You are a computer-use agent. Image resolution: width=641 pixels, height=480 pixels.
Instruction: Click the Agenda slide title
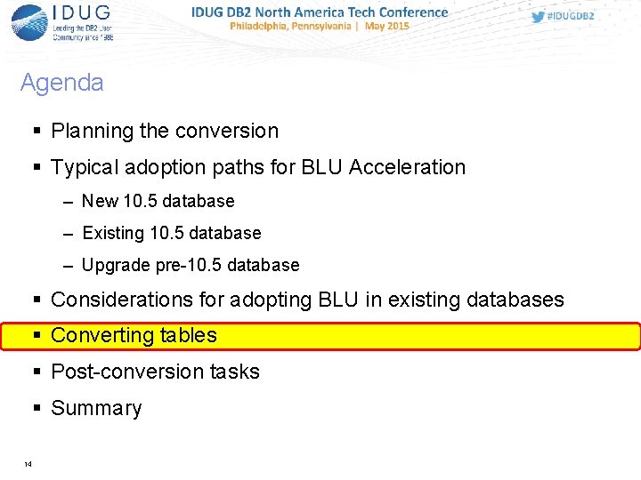pos(61,83)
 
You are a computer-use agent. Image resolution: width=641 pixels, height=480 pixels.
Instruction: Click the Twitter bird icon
pos(538,16)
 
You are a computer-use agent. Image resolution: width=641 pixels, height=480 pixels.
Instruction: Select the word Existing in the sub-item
pos(112,233)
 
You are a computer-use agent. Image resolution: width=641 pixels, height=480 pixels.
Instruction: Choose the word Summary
pos(96,408)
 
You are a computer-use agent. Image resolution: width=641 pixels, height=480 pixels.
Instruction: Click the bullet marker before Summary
pos(37,408)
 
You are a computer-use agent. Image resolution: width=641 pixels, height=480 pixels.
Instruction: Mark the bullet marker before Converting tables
pos(37,336)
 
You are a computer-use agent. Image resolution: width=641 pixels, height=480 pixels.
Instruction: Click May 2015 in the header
pos(386,27)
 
